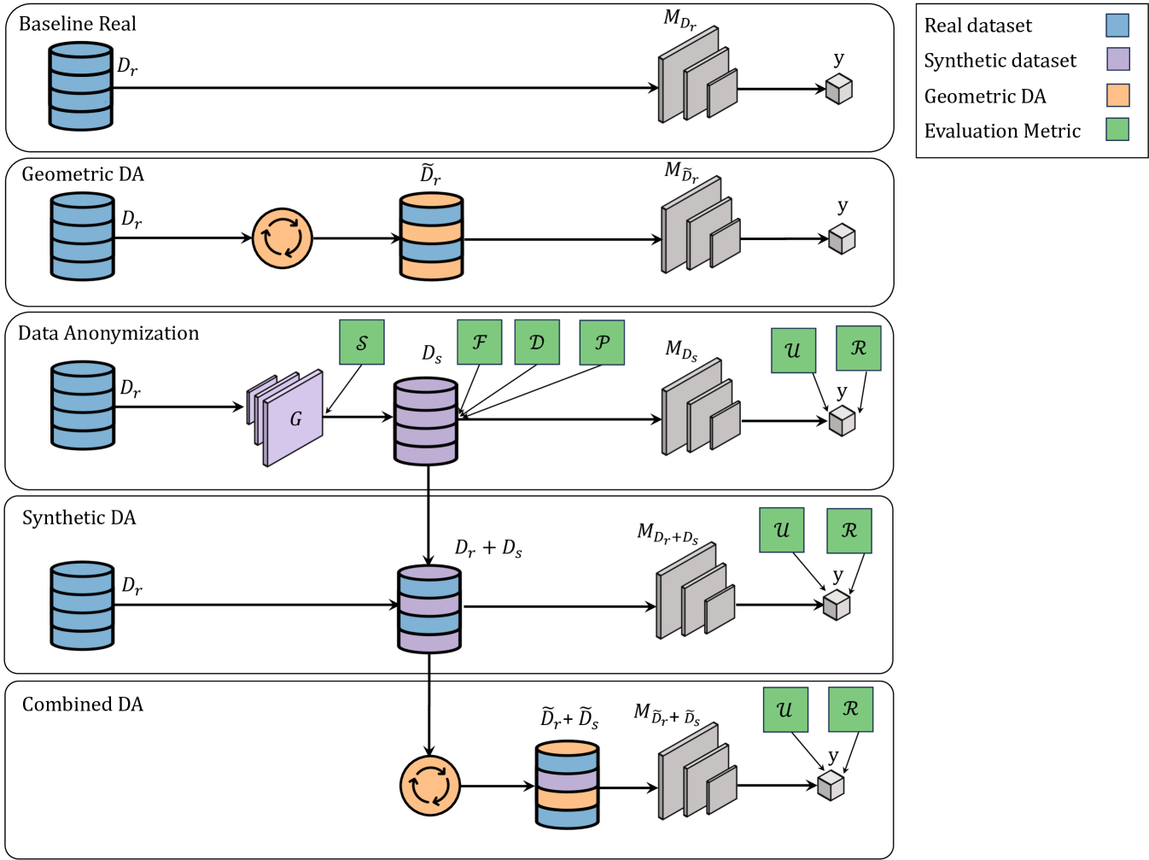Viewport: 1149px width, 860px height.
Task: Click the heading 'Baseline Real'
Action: (x=77, y=24)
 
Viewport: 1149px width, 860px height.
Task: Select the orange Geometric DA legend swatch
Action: (x=1117, y=95)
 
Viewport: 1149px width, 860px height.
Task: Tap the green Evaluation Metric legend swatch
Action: (x=1117, y=130)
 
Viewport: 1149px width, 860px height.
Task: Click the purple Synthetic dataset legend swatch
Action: (x=1117, y=60)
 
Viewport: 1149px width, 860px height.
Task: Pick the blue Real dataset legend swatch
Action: (x=1117, y=25)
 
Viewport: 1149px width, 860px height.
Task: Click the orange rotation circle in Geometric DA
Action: (x=283, y=238)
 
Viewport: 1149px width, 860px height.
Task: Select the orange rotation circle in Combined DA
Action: (x=430, y=786)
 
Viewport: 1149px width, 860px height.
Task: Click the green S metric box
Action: (x=362, y=342)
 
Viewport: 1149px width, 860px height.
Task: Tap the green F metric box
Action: (x=480, y=342)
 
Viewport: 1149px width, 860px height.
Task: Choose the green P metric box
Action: (x=602, y=342)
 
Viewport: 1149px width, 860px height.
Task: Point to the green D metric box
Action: (x=537, y=342)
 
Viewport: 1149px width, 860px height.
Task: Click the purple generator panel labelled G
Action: (x=294, y=419)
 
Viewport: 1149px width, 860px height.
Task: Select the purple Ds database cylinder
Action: (x=426, y=422)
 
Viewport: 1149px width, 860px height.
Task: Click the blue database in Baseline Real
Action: (x=80, y=86)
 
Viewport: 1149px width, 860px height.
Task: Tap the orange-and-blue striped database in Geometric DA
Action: (x=432, y=237)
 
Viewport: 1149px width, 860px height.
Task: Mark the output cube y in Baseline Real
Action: (x=839, y=89)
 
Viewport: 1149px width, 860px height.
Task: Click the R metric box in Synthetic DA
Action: (x=849, y=530)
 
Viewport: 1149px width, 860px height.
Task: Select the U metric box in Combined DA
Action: (x=785, y=710)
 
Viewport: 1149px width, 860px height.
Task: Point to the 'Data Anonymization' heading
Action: (x=108, y=333)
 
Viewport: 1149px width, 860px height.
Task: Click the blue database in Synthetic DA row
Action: (x=82, y=606)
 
